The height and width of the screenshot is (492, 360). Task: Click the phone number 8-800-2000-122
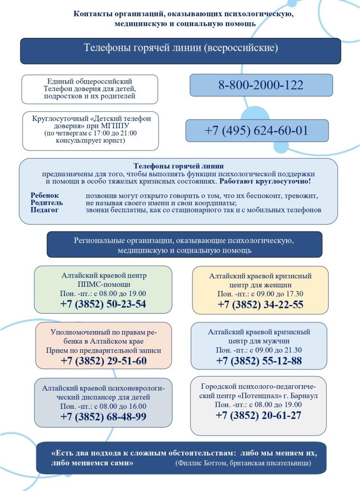click(261, 86)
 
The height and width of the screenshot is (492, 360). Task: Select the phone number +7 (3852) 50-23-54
click(103, 304)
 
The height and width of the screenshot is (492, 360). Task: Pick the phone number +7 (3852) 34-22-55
click(261, 305)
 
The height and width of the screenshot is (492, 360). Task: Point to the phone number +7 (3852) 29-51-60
click(103, 361)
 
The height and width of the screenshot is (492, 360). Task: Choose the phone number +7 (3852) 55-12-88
click(259, 361)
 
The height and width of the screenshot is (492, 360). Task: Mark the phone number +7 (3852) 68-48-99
click(103, 417)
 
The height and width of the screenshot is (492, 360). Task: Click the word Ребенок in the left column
click(45, 196)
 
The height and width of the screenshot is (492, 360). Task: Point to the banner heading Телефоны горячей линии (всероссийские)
click(181, 48)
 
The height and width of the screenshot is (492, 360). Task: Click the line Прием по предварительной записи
click(103, 350)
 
